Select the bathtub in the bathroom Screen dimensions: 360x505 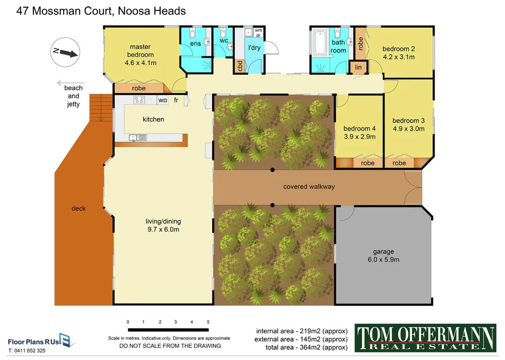(320, 44)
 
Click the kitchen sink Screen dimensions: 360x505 (137, 137)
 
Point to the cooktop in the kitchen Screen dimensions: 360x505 (139, 100)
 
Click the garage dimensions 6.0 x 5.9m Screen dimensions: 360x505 (383, 260)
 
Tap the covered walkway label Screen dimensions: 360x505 (309, 187)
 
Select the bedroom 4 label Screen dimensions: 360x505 (360, 128)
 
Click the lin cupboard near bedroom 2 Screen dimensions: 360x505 (359, 67)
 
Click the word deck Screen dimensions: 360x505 (79, 208)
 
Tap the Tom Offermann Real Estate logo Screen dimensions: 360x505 (425, 338)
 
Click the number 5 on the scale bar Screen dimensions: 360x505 (208, 322)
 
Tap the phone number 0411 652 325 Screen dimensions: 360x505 (27, 350)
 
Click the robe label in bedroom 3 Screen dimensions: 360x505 (399, 163)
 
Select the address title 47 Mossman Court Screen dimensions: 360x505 (101, 11)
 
